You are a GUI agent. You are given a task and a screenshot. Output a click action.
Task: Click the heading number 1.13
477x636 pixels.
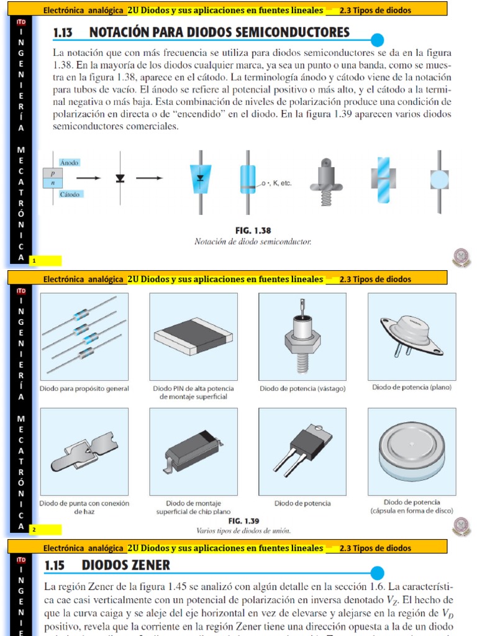pos(64,32)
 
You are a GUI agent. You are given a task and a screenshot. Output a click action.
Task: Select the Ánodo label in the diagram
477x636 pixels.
pos(70,162)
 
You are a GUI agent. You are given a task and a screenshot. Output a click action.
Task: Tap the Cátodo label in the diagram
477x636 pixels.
pos(70,194)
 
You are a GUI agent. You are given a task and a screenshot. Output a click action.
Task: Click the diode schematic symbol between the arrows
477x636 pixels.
pos(120,178)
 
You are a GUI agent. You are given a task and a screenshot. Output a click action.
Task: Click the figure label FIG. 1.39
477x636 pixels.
pos(243,521)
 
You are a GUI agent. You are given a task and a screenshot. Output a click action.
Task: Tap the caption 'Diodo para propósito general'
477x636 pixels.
pos(84,388)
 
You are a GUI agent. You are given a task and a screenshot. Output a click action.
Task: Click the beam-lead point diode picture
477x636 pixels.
pos(84,451)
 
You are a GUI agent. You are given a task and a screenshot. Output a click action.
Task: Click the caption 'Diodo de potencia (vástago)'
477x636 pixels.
pos(302,388)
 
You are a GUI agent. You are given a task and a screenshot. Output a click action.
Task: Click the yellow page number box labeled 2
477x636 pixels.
pos(45,530)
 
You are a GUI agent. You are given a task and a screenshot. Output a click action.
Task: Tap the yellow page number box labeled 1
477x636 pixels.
pos(45,260)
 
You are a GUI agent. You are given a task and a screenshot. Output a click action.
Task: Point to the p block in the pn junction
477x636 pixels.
pos(53,173)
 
